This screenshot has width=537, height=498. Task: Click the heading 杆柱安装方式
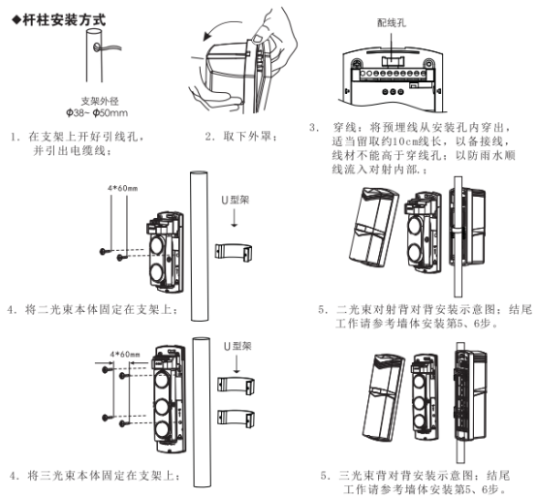click(x=59, y=20)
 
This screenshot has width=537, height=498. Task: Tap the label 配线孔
click(x=392, y=23)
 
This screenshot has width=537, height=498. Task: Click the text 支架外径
click(x=100, y=101)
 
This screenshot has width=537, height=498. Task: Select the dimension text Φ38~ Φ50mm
click(x=97, y=112)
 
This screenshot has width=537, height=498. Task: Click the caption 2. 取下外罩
click(x=241, y=137)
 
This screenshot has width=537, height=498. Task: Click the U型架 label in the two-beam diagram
click(x=236, y=200)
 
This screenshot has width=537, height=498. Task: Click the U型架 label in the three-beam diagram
click(x=237, y=346)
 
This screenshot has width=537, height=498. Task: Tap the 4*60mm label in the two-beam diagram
click(x=122, y=188)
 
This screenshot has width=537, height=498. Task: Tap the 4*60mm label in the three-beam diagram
click(x=125, y=355)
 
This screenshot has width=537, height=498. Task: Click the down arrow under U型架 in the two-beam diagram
click(x=235, y=218)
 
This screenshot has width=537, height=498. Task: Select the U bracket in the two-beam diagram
click(x=234, y=252)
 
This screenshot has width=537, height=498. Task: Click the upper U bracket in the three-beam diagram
click(x=236, y=385)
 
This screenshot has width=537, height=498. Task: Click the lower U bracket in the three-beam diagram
click(x=236, y=419)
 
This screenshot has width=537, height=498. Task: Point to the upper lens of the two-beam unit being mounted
click(x=157, y=245)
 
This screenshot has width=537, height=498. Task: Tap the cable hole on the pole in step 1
click(x=96, y=47)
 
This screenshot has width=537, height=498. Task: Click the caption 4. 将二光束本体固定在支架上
click(x=92, y=310)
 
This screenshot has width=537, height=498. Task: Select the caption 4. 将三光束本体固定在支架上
click(x=95, y=476)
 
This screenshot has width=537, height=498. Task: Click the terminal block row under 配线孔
click(x=393, y=74)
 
